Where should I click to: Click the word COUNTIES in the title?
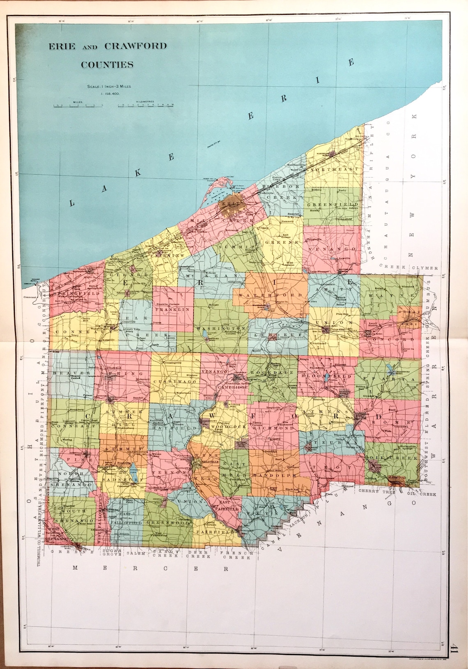pos(107,64)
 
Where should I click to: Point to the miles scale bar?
pos(78,105)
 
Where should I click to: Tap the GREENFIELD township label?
pos(333,204)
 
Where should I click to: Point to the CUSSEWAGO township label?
pos(175,382)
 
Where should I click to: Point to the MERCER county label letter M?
pos(76,568)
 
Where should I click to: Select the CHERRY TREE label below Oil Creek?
pos(376,491)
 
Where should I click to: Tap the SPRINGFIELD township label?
pos(73,294)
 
